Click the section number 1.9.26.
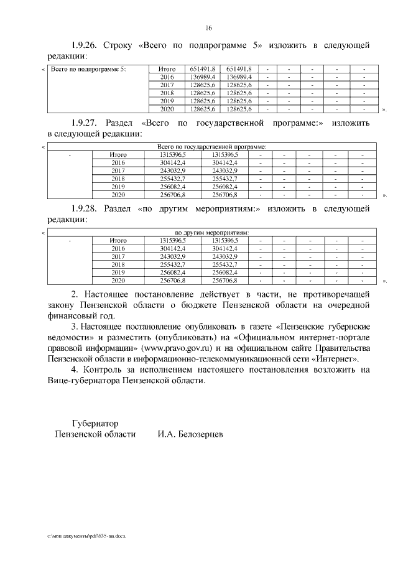point(83,45)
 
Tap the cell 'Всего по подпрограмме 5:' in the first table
point(88,68)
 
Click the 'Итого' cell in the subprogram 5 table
point(167,68)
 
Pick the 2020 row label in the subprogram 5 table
point(167,109)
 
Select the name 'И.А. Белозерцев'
point(190,434)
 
